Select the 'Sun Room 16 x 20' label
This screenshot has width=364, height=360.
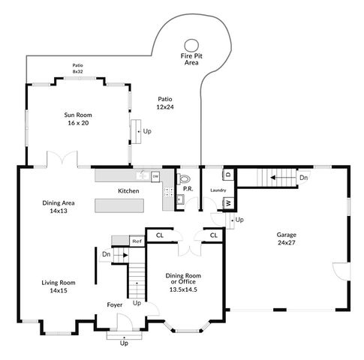point(80,119)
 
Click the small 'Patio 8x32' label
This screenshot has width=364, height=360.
point(77,68)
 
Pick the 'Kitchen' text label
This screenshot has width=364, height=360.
point(128,191)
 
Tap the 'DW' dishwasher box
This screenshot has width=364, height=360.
point(155,176)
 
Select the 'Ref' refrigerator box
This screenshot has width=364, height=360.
point(137,241)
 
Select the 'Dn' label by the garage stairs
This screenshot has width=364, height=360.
point(302,178)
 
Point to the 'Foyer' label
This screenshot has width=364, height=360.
point(115,305)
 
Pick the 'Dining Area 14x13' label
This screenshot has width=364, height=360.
point(54,207)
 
